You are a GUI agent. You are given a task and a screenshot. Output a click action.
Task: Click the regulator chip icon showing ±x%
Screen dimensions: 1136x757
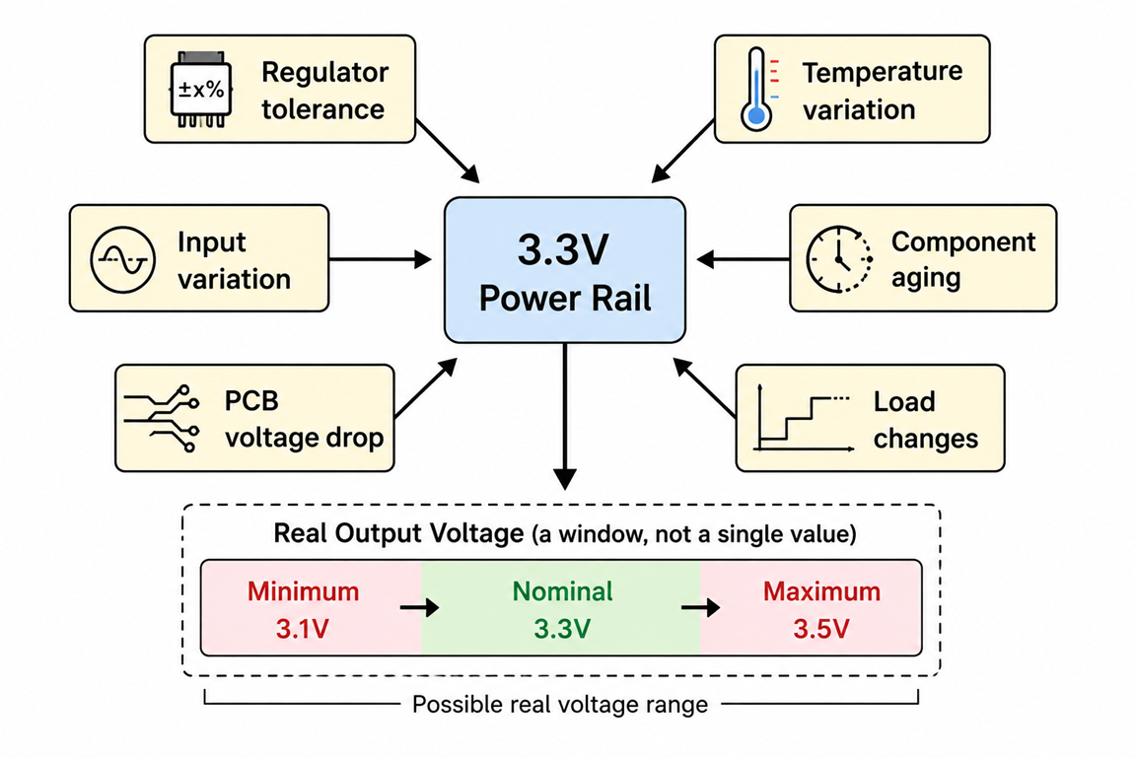point(201,89)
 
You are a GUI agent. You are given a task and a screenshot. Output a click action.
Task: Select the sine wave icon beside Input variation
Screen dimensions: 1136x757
point(122,259)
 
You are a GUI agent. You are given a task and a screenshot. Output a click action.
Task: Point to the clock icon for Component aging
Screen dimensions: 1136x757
point(839,258)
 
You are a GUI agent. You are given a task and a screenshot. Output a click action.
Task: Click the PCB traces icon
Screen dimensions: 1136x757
point(161,419)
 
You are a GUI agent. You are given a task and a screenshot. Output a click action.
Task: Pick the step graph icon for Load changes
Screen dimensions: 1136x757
point(803,418)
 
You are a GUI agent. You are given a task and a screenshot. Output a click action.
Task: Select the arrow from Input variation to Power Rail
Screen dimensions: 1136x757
point(381,258)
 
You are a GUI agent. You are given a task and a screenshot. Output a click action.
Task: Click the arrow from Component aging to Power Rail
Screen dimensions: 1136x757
point(744,258)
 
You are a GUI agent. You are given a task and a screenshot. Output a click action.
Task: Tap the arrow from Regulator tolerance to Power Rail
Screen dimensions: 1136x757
point(448,152)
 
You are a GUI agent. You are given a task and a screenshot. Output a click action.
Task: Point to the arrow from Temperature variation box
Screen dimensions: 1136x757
point(682,152)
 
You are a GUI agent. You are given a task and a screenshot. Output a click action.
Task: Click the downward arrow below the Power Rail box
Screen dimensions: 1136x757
point(564,417)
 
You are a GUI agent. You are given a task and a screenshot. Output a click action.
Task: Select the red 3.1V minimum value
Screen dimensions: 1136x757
point(303,629)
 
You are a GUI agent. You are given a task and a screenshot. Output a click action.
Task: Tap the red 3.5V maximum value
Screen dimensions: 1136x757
point(821,629)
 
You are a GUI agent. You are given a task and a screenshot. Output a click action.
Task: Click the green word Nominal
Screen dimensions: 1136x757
point(562,591)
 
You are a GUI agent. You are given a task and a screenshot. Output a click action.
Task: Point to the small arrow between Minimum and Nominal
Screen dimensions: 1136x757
point(419,606)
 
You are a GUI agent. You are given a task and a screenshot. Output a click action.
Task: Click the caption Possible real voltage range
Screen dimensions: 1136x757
point(560,704)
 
